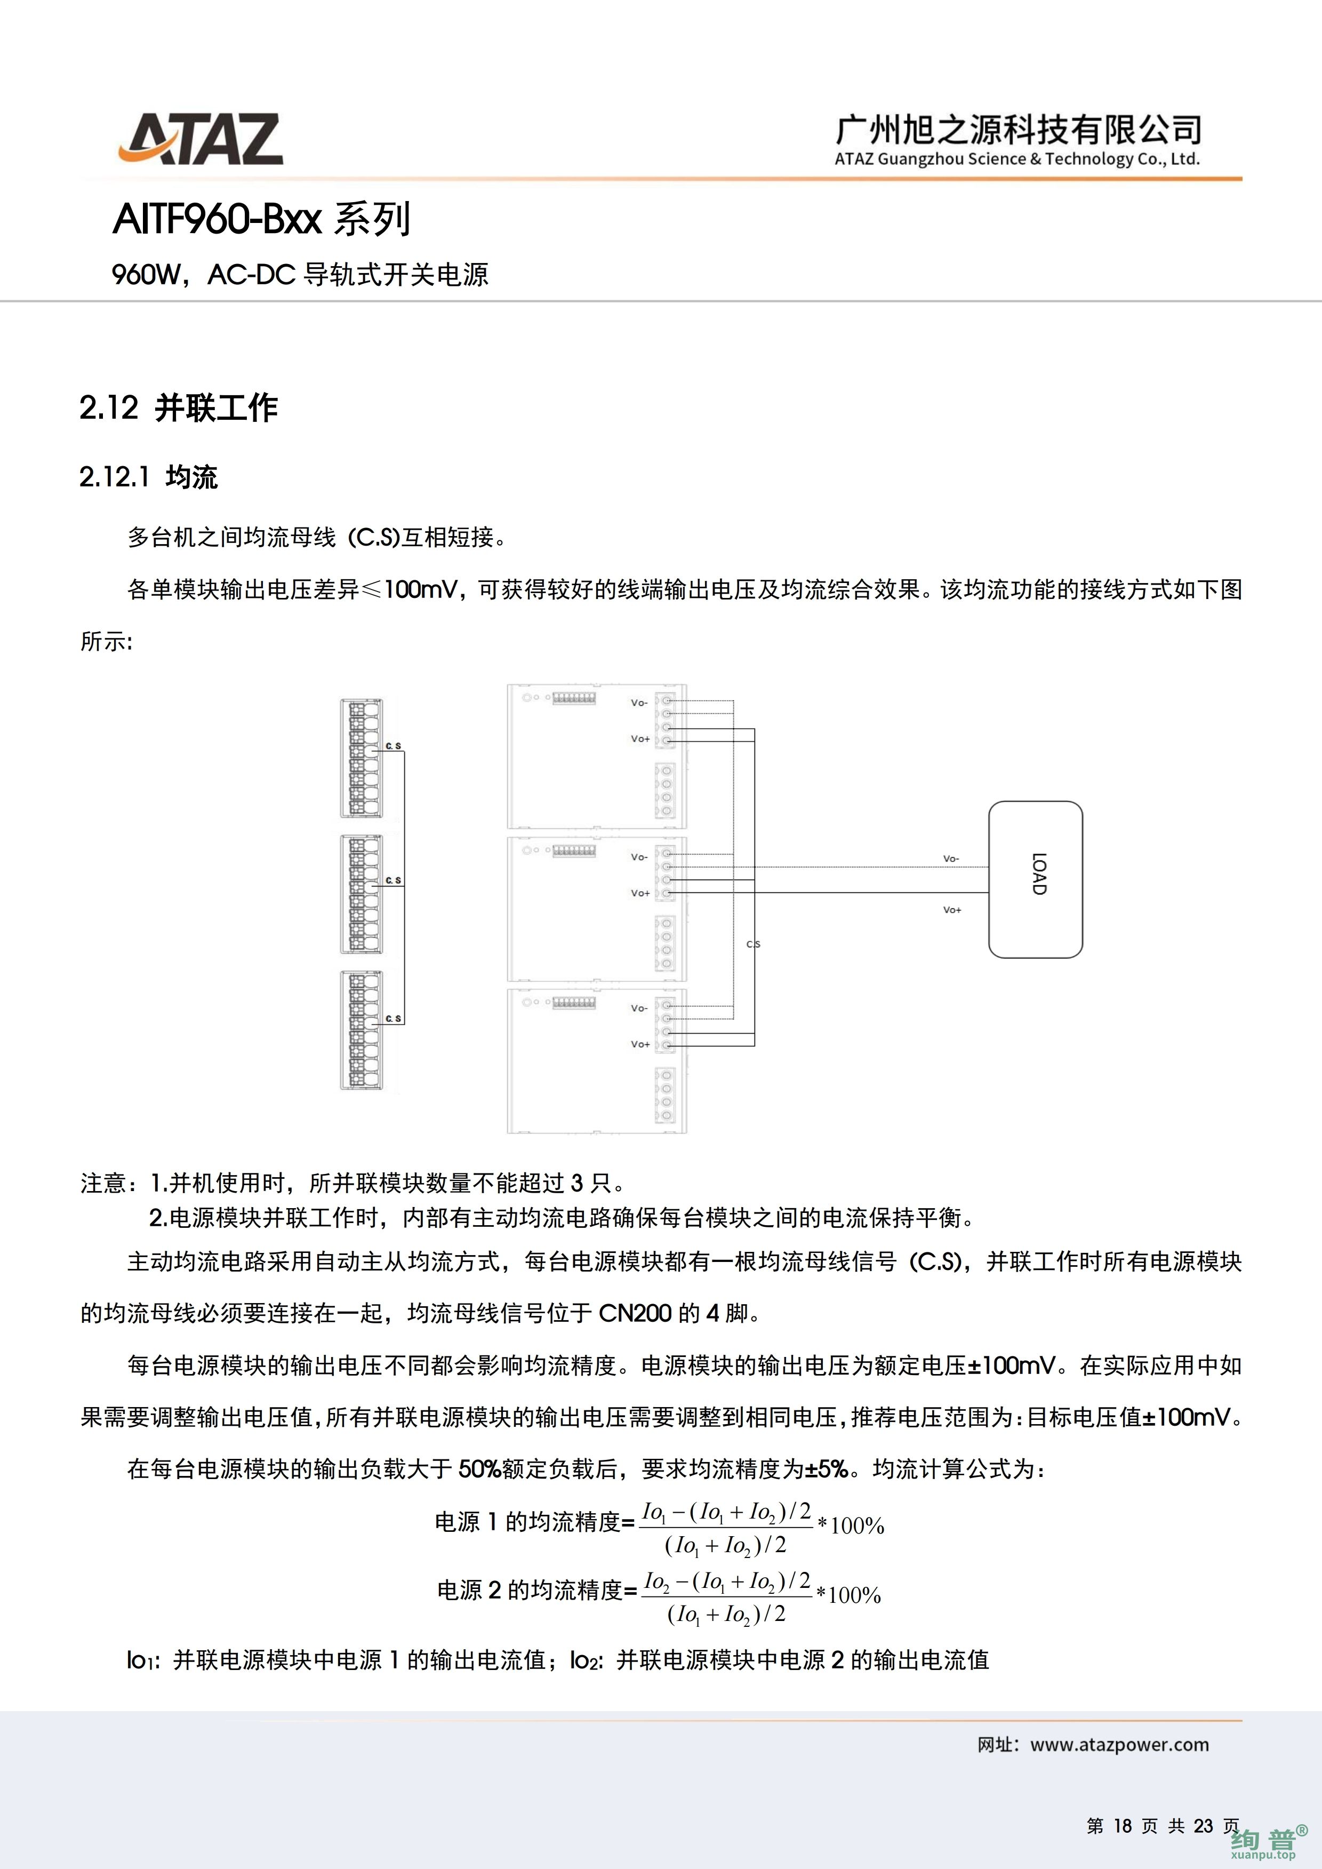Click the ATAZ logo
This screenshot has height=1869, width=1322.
(x=201, y=139)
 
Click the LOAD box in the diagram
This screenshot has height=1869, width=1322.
(x=1035, y=878)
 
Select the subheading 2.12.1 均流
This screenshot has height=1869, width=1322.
(x=148, y=477)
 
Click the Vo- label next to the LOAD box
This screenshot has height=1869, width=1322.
(x=951, y=859)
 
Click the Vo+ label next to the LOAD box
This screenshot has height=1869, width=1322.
(x=951, y=910)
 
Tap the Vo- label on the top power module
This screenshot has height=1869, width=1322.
(x=639, y=702)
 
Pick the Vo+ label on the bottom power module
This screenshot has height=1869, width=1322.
(x=640, y=1044)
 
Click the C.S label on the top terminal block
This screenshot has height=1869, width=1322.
(x=393, y=746)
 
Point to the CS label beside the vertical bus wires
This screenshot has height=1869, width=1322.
(x=753, y=944)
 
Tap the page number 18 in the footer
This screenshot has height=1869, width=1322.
(x=1123, y=1826)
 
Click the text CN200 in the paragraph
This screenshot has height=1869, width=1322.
(x=635, y=1313)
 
